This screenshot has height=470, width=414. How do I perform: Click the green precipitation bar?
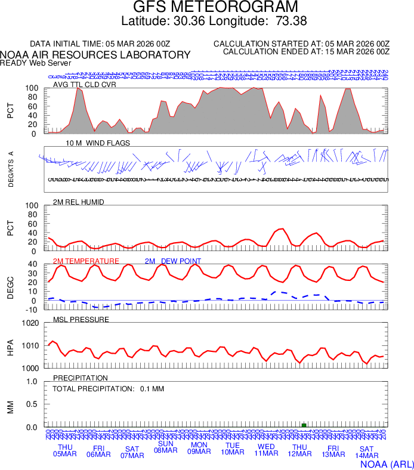click(304, 425)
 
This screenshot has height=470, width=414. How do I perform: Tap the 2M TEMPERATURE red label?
click(86, 261)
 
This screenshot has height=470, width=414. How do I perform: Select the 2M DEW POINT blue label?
click(172, 261)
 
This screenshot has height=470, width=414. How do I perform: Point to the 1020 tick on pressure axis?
click(30, 323)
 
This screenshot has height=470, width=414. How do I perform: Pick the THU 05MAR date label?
click(65, 451)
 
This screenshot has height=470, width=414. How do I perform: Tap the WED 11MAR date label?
click(266, 451)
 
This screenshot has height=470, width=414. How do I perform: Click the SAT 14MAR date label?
click(366, 453)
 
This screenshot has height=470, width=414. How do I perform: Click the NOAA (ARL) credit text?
click(387, 463)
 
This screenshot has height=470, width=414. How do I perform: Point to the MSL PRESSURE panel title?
click(81, 320)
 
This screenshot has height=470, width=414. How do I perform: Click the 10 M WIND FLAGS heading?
click(98, 143)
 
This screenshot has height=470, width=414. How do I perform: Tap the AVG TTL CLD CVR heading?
click(85, 84)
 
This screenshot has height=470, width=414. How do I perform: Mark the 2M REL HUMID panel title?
click(79, 202)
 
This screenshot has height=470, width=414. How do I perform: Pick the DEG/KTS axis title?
click(11, 169)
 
